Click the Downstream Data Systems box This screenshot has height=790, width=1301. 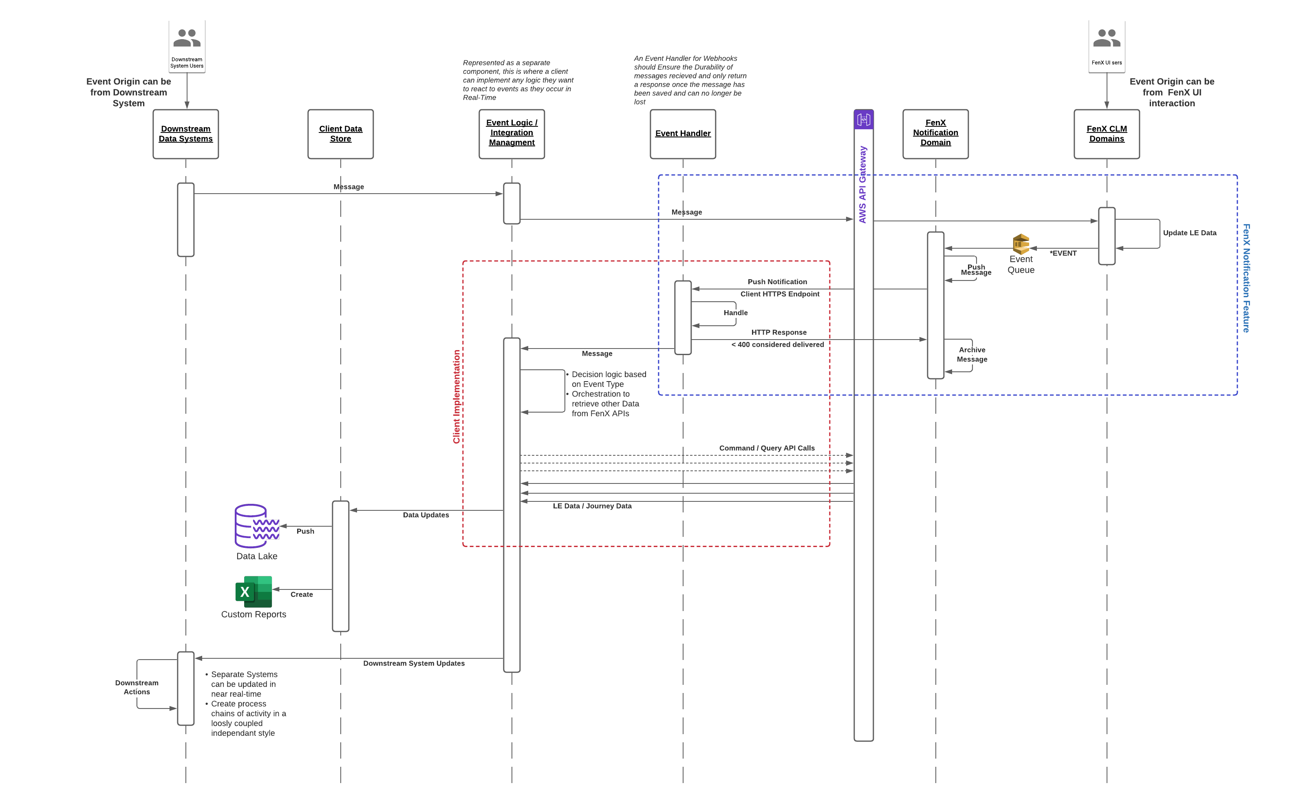(185, 134)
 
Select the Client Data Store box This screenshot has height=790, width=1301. (341, 134)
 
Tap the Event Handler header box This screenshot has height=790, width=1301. (683, 134)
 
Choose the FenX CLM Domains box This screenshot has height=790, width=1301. (1106, 134)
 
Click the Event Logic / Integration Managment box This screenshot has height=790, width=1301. (512, 134)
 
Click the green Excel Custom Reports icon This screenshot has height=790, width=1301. (254, 591)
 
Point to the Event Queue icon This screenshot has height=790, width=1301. (1021, 244)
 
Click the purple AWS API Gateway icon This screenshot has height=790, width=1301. (863, 120)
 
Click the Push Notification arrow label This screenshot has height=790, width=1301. (777, 282)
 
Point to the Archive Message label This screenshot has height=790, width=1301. (972, 354)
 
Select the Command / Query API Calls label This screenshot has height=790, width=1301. (767, 448)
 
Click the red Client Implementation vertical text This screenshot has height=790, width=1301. (456, 396)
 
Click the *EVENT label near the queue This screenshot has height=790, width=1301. (1063, 254)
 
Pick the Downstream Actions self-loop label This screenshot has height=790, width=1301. (137, 687)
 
